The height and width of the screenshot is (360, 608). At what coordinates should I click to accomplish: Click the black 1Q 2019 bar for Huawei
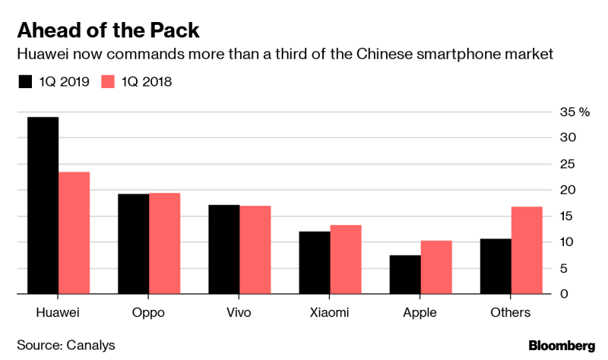tap(43, 205)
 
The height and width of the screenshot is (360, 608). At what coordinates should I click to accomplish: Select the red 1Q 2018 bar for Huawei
tap(74, 232)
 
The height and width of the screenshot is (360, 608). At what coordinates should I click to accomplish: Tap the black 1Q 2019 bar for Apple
tap(405, 274)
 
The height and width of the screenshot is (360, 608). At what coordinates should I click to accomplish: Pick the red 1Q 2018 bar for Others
tap(527, 250)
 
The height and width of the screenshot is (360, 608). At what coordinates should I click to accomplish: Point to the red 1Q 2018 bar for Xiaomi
tap(345, 259)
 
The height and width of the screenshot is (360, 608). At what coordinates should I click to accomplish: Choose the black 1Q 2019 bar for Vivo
tap(224, 249)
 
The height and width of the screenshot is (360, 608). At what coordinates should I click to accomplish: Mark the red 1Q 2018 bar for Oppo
tap(164, 243)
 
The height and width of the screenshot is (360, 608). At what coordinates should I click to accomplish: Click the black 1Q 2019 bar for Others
tap(496, 266)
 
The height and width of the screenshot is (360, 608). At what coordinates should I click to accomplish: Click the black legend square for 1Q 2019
tap(25, 82)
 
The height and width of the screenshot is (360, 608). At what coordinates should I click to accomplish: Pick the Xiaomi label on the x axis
tap(330, 312)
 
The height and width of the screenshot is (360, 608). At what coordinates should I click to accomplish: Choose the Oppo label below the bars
tap(148, 312)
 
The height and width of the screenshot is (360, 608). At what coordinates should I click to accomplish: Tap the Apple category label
tap(420, 312)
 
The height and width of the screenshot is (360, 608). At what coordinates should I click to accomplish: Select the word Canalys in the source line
tap(90, 346)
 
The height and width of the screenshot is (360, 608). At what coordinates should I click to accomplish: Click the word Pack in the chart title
tap(175, 30)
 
